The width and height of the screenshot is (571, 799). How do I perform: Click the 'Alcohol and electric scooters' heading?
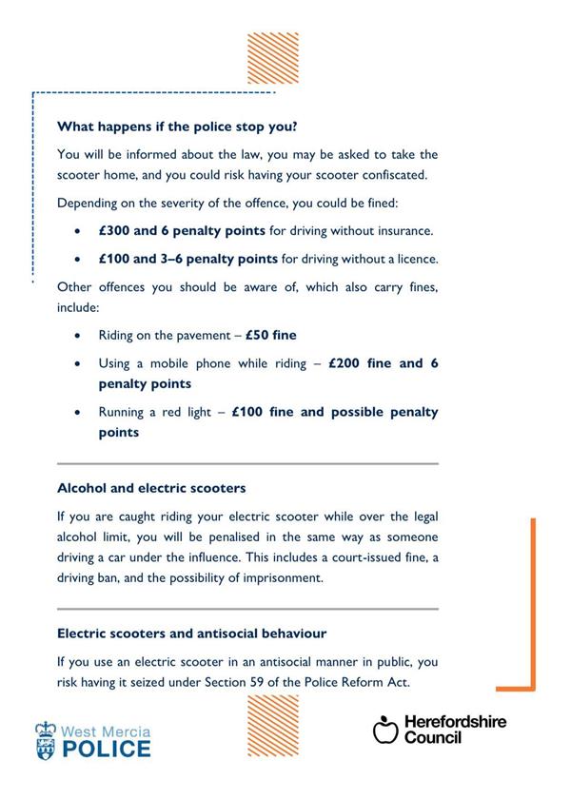(x=151, y=487)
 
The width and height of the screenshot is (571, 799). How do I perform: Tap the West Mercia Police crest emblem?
(x=46, y=738)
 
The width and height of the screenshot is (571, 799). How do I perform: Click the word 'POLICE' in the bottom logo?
(x=106, y=748)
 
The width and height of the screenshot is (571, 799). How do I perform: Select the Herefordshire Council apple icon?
(x=384, y=730)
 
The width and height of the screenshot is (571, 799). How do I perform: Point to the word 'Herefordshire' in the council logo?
(x=455, y=722)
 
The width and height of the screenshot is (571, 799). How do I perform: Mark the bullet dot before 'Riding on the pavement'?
(x=77, y=336)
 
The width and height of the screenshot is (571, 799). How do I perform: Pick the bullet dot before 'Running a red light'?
(x=77, y=413)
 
